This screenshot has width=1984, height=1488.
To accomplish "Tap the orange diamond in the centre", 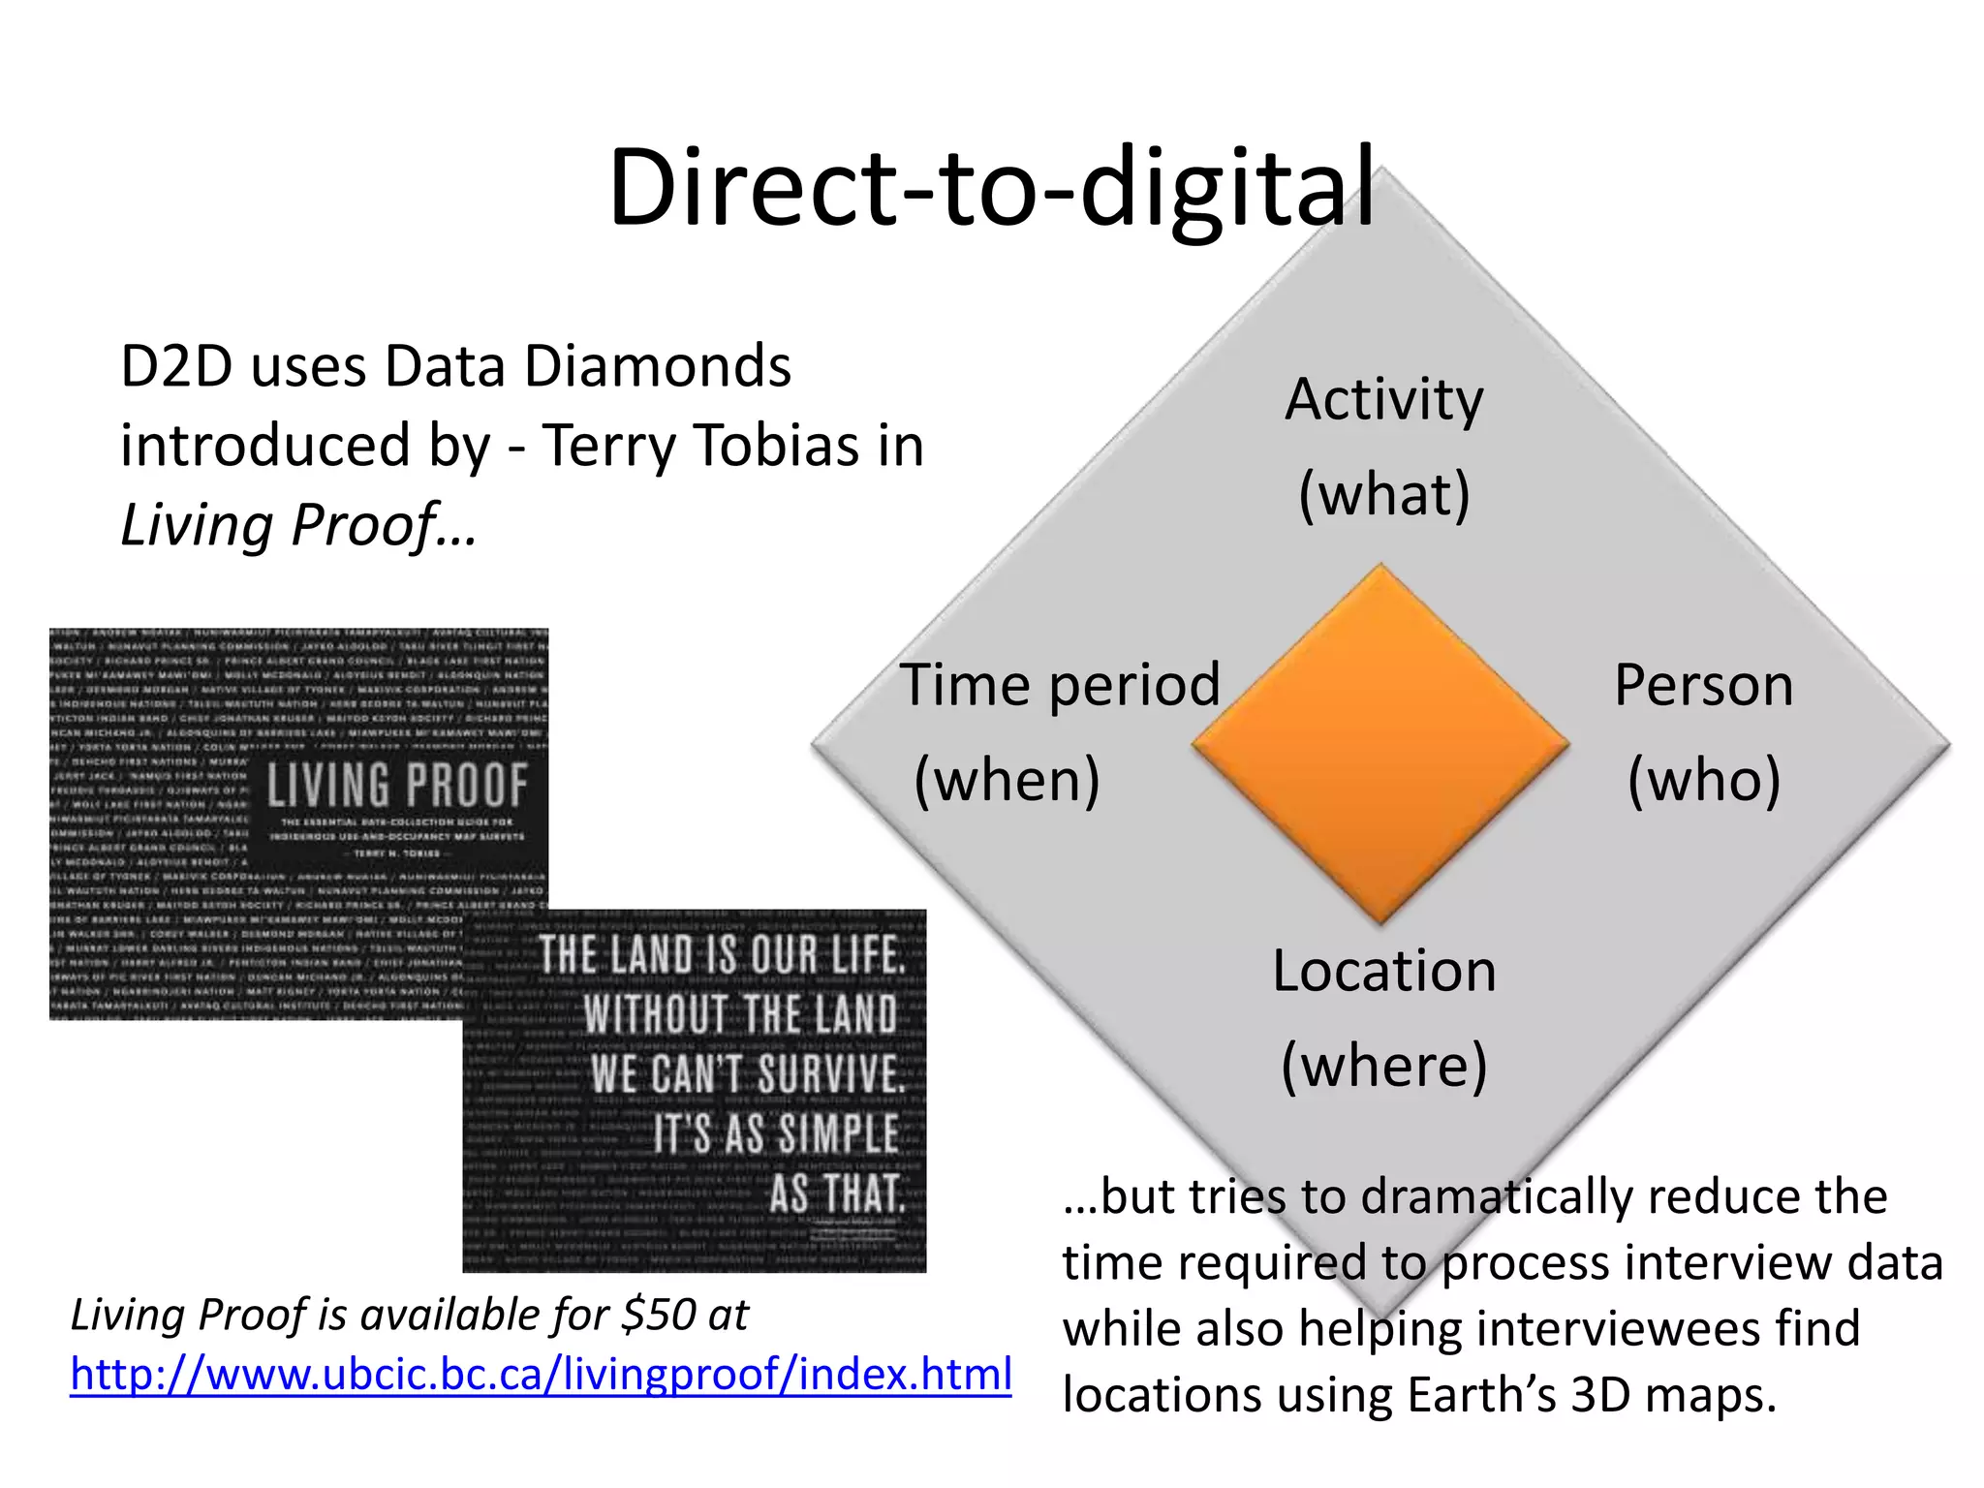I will (1380, 744).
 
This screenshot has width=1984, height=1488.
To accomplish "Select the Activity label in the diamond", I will (1383, 399).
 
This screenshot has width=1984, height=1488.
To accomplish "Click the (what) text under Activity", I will (1384, 494).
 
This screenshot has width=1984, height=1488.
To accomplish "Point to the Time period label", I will (1060, 685).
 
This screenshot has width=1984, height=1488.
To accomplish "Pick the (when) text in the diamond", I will (1007, 779).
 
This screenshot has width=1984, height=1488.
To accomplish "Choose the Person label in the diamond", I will (1703, 685).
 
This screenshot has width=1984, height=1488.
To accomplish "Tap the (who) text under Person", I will (1704, 779).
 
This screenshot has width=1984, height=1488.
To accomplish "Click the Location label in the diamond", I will (1384, 971).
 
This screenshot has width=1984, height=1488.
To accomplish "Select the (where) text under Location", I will (1384, 1065).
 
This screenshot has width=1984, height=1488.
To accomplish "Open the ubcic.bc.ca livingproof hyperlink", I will (541, 1374).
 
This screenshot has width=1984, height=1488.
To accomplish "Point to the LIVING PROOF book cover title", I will (397, 786).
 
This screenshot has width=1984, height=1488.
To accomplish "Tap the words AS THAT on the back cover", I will (837, 1193).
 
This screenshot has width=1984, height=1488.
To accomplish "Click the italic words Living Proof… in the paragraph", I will (298, 525).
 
